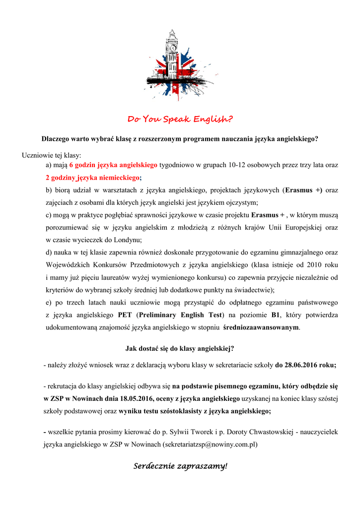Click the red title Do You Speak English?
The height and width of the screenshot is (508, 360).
180,119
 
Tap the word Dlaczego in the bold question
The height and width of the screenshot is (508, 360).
56,139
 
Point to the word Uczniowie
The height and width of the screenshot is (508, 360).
37,155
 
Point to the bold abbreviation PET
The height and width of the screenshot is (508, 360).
125,315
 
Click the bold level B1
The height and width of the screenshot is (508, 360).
276,315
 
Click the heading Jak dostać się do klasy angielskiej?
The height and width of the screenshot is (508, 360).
180,349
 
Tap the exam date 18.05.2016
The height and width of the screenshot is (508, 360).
135,398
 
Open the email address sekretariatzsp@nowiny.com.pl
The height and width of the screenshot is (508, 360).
210,444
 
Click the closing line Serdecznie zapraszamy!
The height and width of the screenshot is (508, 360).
180,466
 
